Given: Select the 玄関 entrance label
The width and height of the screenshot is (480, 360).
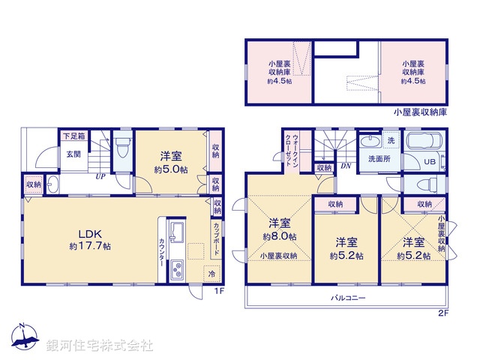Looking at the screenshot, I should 73,154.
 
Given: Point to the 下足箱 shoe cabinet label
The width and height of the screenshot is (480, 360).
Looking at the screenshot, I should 73,136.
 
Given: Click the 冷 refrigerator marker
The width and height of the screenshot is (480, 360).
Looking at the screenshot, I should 212,273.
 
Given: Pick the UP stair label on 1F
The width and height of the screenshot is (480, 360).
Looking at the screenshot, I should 99,177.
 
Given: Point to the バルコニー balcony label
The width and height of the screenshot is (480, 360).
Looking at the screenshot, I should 348,298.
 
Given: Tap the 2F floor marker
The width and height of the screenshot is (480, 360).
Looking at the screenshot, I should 443,314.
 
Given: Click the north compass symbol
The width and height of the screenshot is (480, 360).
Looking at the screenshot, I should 24,339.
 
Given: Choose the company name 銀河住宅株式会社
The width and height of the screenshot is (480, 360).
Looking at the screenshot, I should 99,346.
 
